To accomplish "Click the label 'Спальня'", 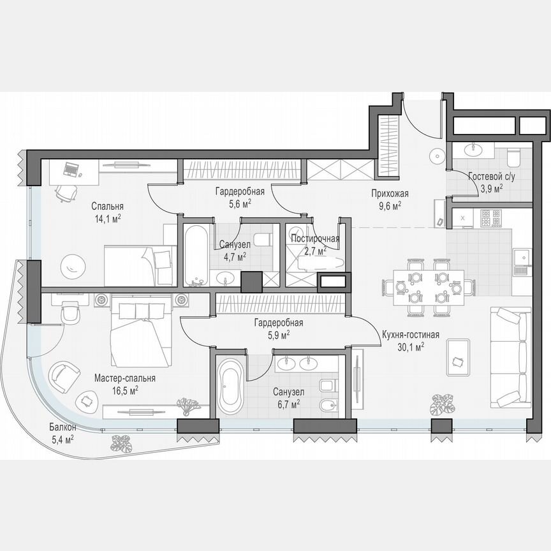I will click(107, 206).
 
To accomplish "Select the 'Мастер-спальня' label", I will click(124, 378).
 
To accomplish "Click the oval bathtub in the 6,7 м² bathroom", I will click(230, 386).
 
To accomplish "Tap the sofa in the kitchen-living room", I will click(511, 356).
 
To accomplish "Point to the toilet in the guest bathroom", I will click(513, 156).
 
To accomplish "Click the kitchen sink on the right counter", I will click(522, 258).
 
